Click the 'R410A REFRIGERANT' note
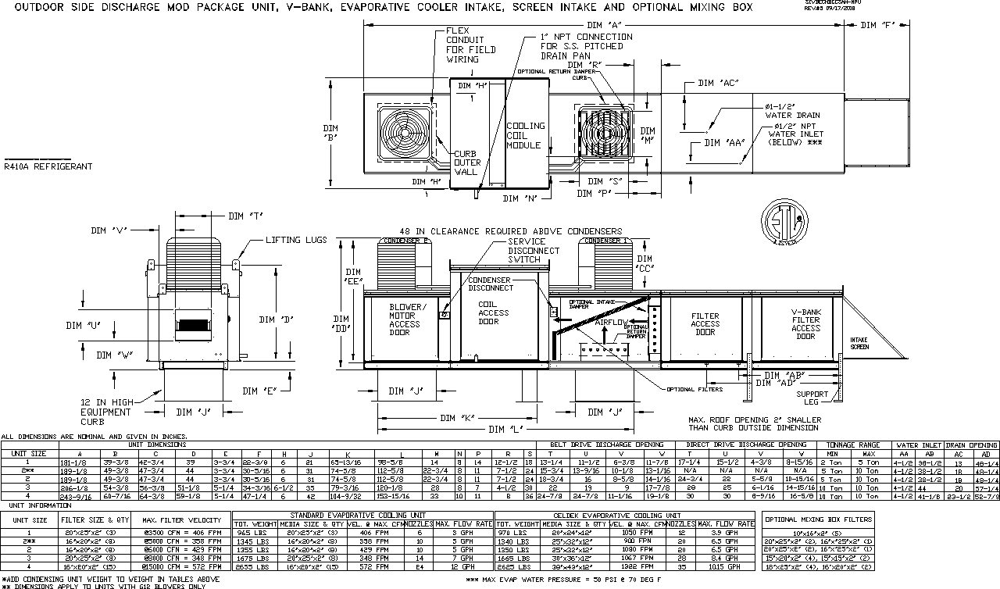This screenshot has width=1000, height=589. tap(48, 166)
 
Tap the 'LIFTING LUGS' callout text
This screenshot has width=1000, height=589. tap(296, 240)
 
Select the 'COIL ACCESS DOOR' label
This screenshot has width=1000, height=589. tap(494, 313)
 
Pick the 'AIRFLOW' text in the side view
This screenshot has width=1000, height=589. tap(614, 321)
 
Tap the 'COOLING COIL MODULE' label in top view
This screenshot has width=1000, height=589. tap(525, 135)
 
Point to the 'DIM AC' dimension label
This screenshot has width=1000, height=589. tap(718, 82)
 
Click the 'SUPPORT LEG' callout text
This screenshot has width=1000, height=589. tap(812, 398)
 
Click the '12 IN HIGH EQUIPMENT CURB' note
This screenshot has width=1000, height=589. tap(105, 412)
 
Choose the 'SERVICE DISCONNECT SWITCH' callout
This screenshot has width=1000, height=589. tap(534, 251)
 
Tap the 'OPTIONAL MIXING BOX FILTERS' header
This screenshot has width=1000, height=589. tap(816, 519)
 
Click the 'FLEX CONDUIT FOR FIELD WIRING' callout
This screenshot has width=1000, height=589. tap(465, 45)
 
